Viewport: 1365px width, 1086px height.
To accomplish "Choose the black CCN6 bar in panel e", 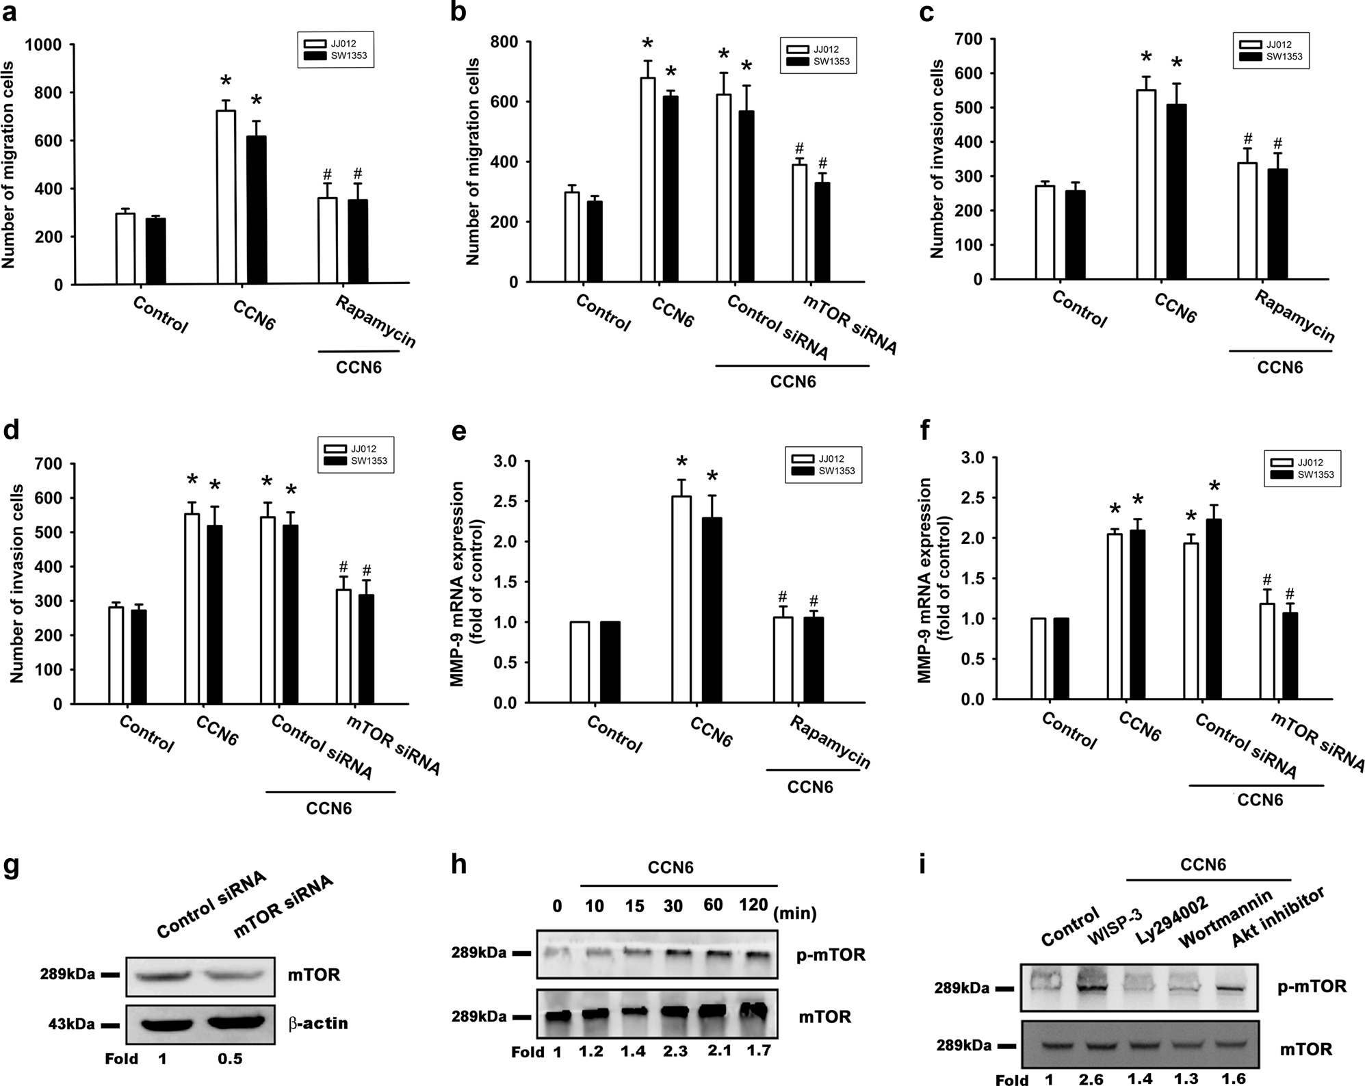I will pyautogui.click(x=712, y=610).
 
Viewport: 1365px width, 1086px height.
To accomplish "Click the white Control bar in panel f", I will pyautogui.click(x=1038, y=658).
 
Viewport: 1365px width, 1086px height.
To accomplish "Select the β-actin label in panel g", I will pyautogui.click(x=317, y=1024).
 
